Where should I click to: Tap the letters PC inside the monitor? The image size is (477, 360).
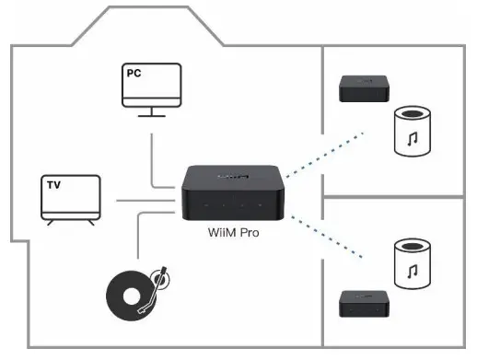point(134,71)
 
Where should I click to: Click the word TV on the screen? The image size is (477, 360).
point(54,185)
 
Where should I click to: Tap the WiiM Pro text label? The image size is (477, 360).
point(234,234)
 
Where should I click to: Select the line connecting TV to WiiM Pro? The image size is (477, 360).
point(138,199)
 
